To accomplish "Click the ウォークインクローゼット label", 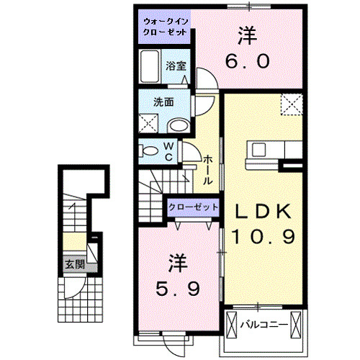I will tap(166, 28).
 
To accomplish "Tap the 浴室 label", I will tap(176, 66).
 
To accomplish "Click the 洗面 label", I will tap(164, 102).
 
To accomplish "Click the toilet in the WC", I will tap(149, 151).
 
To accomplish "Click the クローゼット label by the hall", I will tap(192, 207).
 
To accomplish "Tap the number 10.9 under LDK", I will tap(262, 236).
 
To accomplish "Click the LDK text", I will tap(263, 210).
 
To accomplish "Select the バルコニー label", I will tap(264, 323).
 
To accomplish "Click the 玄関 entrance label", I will tap(73, 264).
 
